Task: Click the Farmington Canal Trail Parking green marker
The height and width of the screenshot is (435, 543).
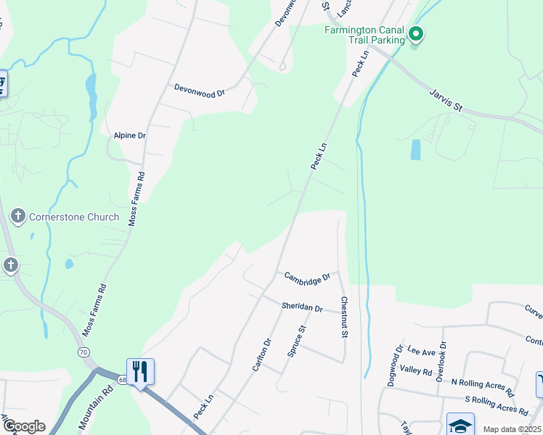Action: (x=416, y=33)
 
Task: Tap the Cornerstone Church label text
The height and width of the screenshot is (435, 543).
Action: (x=73, y=216)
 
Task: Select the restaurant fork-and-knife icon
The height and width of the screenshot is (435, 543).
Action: (x=141, y=371)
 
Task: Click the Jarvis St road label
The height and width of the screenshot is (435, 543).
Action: (x=446, y=100)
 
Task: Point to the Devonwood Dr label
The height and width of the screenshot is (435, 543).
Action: (x=200, y=91)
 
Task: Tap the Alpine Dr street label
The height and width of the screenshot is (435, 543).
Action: (x=130, y=136)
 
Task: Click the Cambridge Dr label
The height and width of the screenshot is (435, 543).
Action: (x=307, y=277)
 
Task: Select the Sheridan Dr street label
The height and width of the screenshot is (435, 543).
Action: (x=302, y=307)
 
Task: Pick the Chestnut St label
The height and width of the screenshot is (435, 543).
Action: (x=343, y=316)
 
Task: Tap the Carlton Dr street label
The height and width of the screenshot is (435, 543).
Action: (x=261, y=355)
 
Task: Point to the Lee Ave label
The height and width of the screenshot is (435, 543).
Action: (x=421, y=352)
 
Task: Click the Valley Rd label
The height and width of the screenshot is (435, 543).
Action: (x=416, y=370)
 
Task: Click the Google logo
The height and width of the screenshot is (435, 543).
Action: (x=23, y=426)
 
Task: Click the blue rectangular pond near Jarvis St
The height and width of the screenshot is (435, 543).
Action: (x=415, y=149)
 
